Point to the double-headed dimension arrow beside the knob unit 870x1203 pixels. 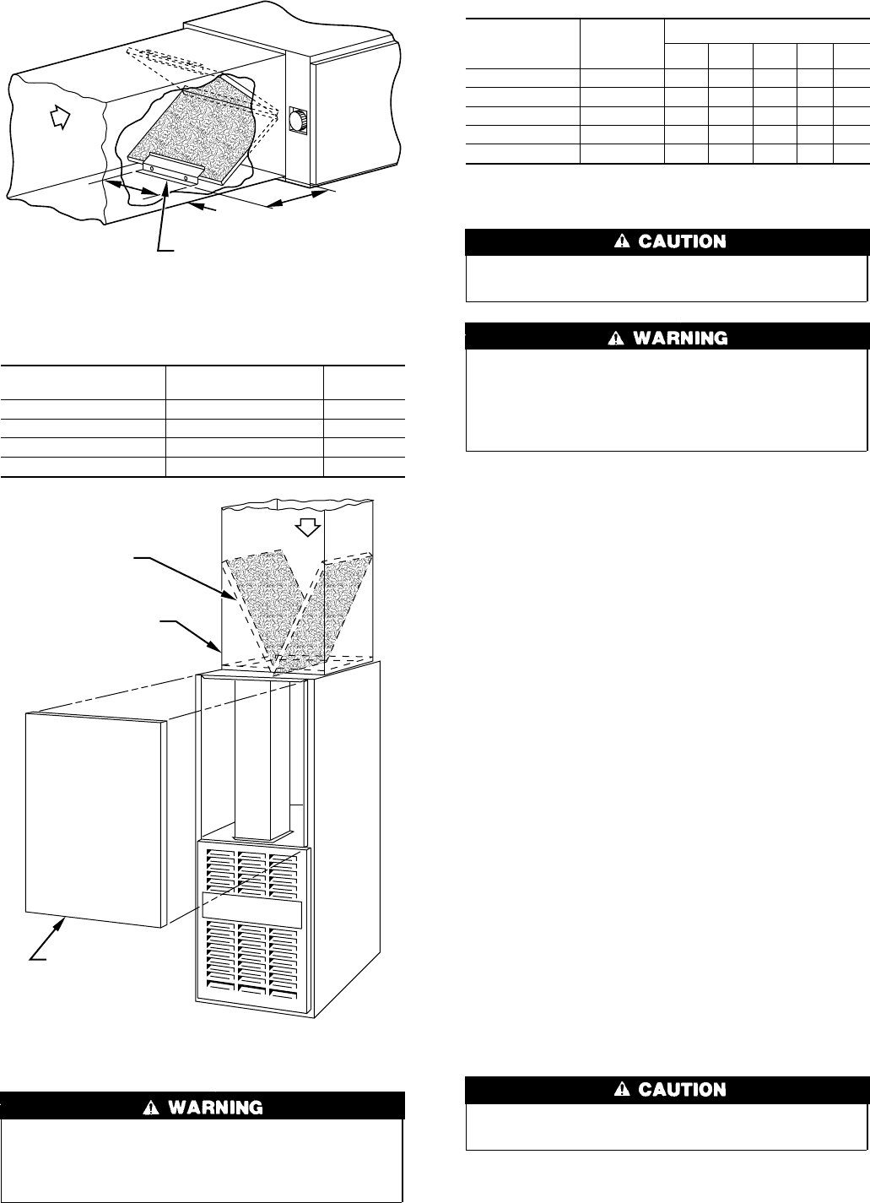[297, 199]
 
